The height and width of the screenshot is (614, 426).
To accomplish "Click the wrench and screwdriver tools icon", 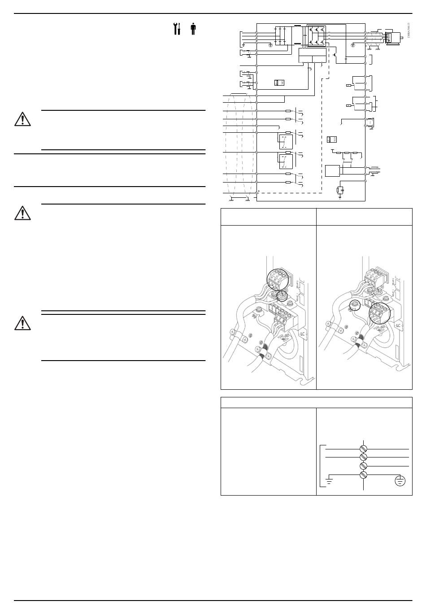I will [177, 29].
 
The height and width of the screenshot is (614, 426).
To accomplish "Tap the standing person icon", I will [193, 29].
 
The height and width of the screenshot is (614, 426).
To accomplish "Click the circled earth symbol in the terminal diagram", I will [400, 481].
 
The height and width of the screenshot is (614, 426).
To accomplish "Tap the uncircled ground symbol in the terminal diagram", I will [329, 482].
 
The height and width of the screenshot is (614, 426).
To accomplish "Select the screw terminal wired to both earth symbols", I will [364, 475].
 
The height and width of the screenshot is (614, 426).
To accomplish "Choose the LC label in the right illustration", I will [398, 325].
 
